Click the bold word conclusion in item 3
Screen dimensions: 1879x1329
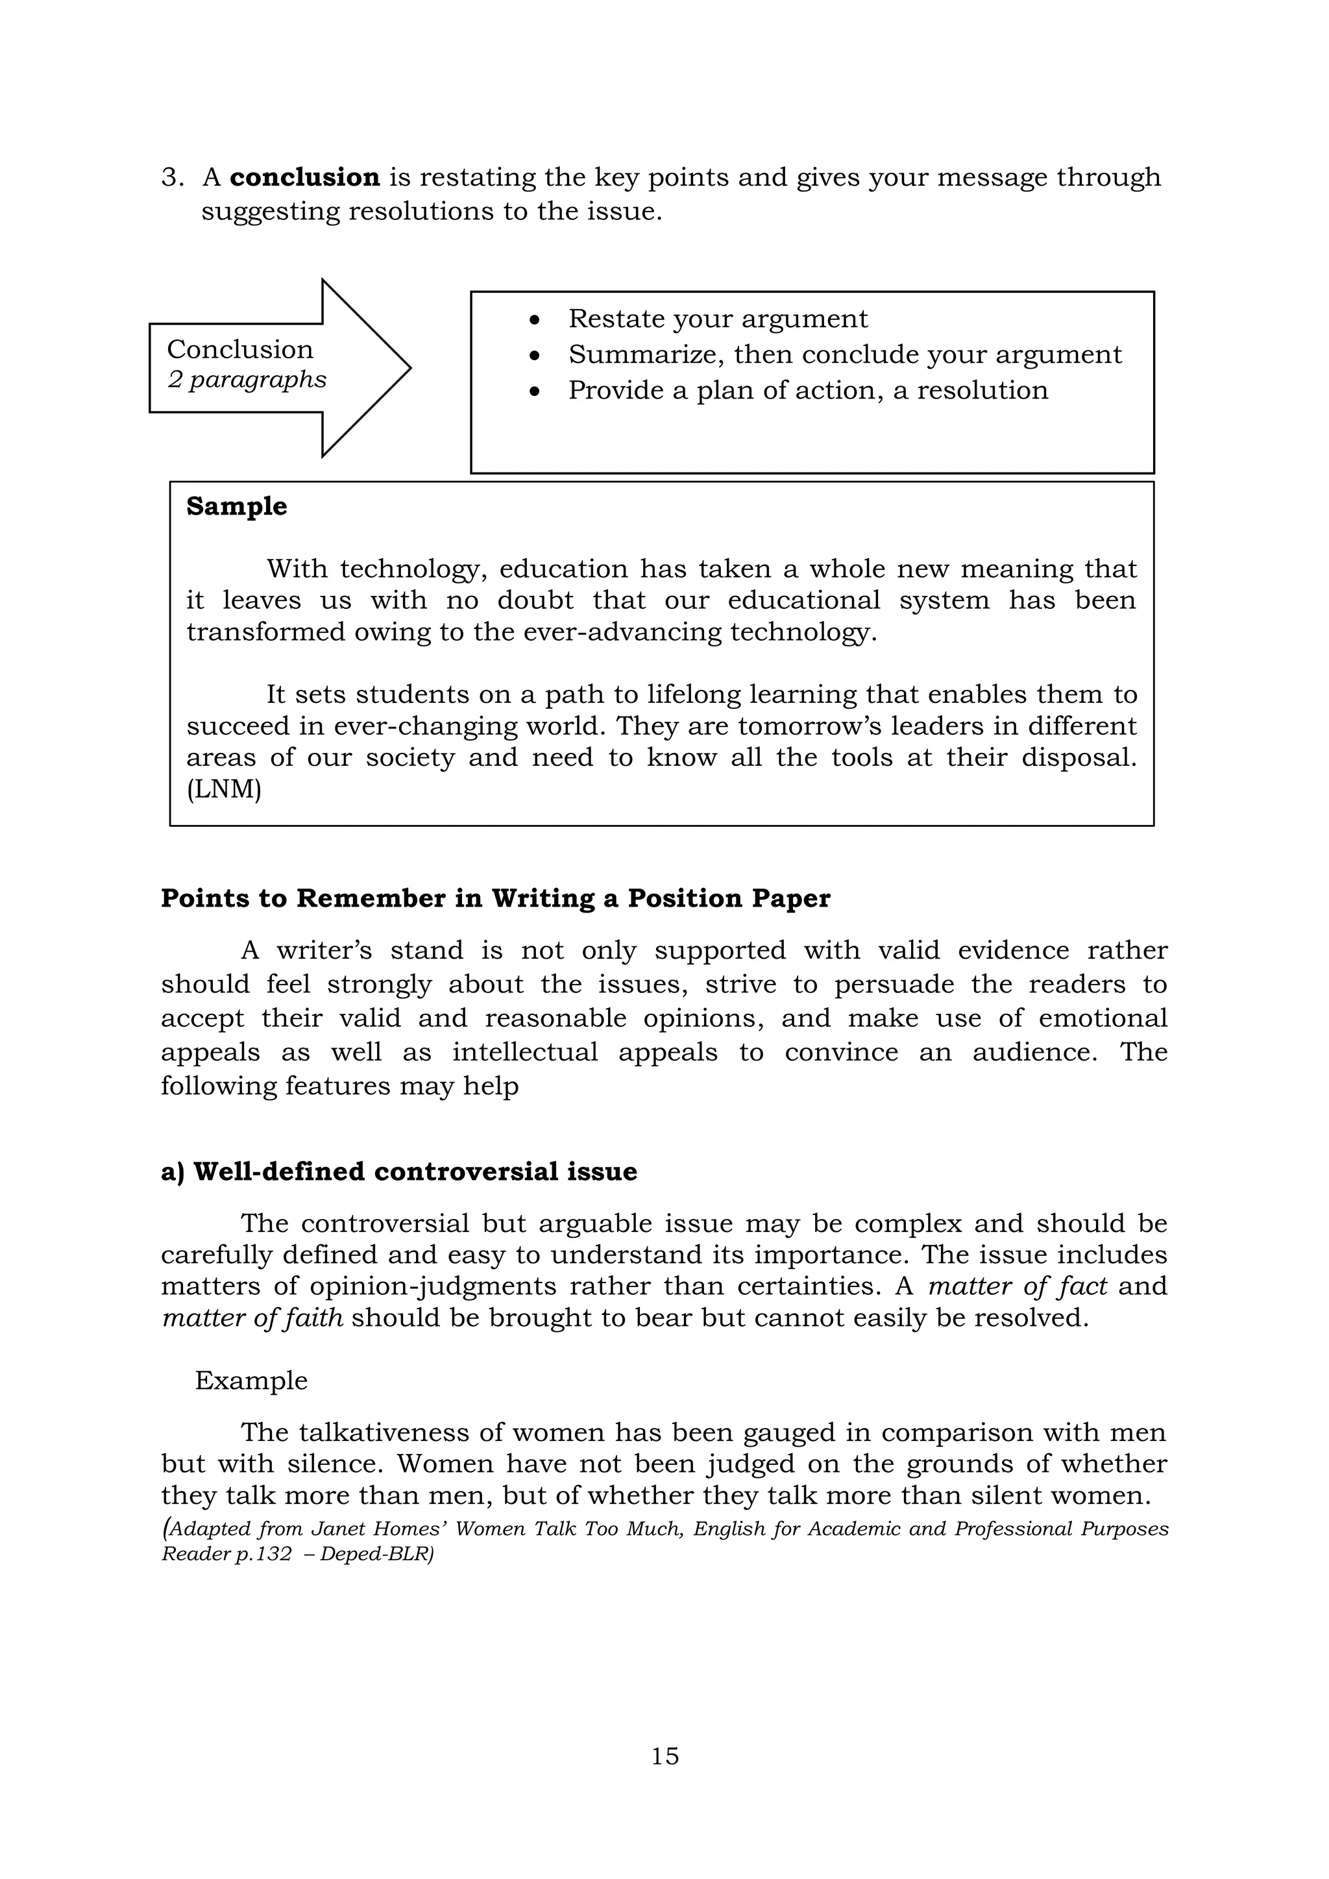pos(304,178)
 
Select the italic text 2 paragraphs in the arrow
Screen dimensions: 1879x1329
pos(247,380)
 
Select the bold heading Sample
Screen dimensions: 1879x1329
pos(236,506)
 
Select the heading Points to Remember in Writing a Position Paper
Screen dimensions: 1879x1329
pos(495,898)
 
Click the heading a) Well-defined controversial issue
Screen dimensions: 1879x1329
pos(398,1172)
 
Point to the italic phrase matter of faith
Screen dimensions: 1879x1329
pos(252,1318)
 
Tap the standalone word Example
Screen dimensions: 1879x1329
pos(251,1381)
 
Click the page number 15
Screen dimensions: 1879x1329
pos(664,1756)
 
